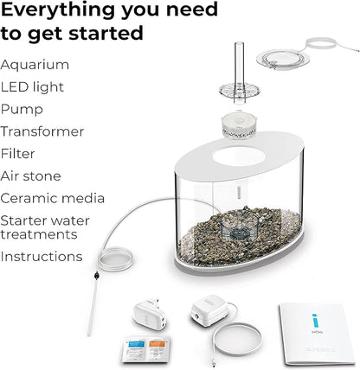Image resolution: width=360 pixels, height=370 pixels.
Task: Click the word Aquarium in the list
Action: [x=35, y=65]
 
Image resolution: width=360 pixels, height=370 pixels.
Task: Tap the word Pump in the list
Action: [x=22, y=110]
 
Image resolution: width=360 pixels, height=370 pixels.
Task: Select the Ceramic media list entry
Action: [x=53, y=199]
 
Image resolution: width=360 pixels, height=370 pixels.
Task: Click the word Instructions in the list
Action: [x=42, y=257]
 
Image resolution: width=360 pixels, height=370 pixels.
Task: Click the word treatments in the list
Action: [x=38, y=234]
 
